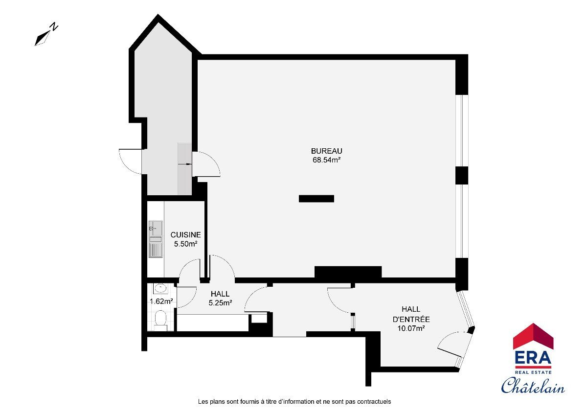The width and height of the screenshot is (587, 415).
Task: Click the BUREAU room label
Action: [327, 151]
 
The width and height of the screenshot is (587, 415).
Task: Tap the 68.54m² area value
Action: [327, 160]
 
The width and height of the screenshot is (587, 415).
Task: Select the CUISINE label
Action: [185, 235]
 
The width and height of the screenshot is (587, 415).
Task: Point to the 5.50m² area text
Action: [185, 244]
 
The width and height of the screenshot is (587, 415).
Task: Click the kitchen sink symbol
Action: [156, 239]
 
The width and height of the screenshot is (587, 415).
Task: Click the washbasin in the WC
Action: [160, 289]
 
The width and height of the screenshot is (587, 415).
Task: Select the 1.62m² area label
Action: [161, 301]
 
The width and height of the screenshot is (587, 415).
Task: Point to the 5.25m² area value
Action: [220, 303]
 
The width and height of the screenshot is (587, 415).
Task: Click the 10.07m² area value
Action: [411, 328]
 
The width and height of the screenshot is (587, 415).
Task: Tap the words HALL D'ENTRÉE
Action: [411, 314]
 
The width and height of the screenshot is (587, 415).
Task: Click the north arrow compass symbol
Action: [46, 34]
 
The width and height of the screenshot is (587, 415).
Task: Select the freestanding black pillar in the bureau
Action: [316, 199]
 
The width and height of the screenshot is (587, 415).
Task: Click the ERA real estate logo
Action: [533, 348]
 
